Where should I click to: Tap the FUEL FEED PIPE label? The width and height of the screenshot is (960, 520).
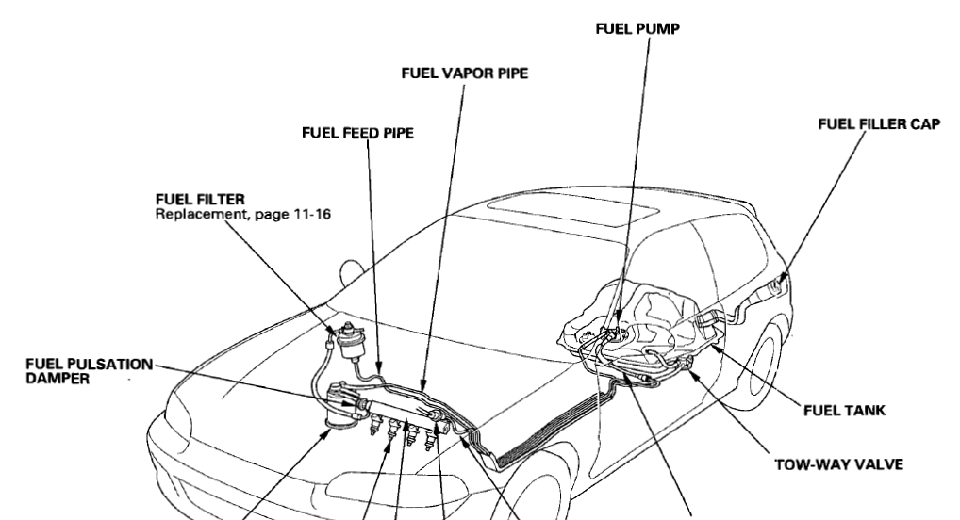click(358, 133)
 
